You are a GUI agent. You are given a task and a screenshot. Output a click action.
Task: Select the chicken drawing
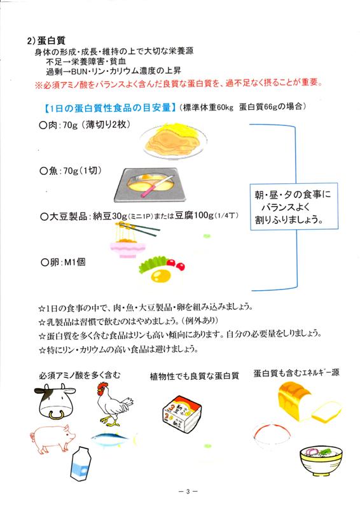pos(114,403)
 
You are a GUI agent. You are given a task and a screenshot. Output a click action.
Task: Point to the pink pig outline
pos(53,438)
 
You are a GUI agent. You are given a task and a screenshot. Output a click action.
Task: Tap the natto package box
pos(183,414)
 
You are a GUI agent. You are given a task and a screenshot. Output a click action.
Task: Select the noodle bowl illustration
pos(321,460)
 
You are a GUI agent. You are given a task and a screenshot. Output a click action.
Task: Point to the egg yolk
pos(161,276)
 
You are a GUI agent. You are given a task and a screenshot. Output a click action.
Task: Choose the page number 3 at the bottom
pos(188,491)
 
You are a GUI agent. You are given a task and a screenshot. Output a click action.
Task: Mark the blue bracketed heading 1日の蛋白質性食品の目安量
pos(109,108)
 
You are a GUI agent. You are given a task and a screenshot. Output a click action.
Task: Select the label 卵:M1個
pos(63,262)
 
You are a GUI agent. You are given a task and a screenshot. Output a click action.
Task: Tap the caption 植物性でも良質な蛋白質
pos(194,376)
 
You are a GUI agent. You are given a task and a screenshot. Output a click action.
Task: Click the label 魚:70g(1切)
pos(70,171)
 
